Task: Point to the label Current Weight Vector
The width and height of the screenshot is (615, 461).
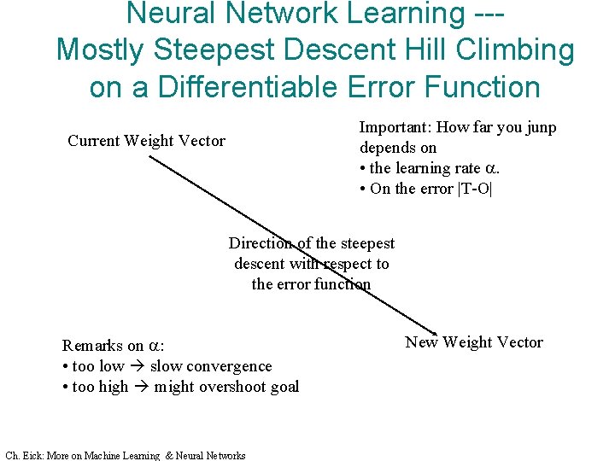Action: [x=146, y=141]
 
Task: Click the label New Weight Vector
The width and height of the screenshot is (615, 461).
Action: [x=473, y=342]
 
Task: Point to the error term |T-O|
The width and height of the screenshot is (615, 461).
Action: [x=473, y=189]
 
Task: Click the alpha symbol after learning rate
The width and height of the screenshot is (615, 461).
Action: [x=490, y=169]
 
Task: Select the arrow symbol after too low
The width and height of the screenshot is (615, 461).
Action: [x=137, y=366]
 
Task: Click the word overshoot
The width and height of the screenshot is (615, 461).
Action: [x=225, y=387]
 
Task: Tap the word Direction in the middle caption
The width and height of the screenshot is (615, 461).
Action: [x=260, y=244]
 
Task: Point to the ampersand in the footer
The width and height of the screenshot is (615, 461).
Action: [x=168, y=456]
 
